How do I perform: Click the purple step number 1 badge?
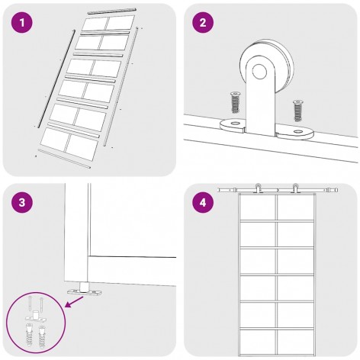[x=22, y=22]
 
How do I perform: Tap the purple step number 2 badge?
[x=203, y=22]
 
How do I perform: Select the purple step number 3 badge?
[x=22, y=203]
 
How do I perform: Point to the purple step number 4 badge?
[x=203, y=203]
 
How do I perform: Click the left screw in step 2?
[x=235, y=102]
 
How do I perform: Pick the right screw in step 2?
[x=297, y=111]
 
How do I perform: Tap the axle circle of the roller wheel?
[x=259, y=72]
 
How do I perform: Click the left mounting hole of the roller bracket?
[x=236, y=124]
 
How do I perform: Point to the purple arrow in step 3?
[x=75, y=302]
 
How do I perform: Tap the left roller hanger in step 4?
[x=258, y=188]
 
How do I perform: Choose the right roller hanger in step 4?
[x=295, y=188]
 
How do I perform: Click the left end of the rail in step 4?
[x=219, y=190]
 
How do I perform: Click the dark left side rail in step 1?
[x=56, y=79]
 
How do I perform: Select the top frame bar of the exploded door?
[x=112, y=11]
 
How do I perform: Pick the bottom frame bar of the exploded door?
[x=64, y=159]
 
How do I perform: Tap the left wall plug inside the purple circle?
[x=30, y=336]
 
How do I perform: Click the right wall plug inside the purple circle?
[x=42, y=336]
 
